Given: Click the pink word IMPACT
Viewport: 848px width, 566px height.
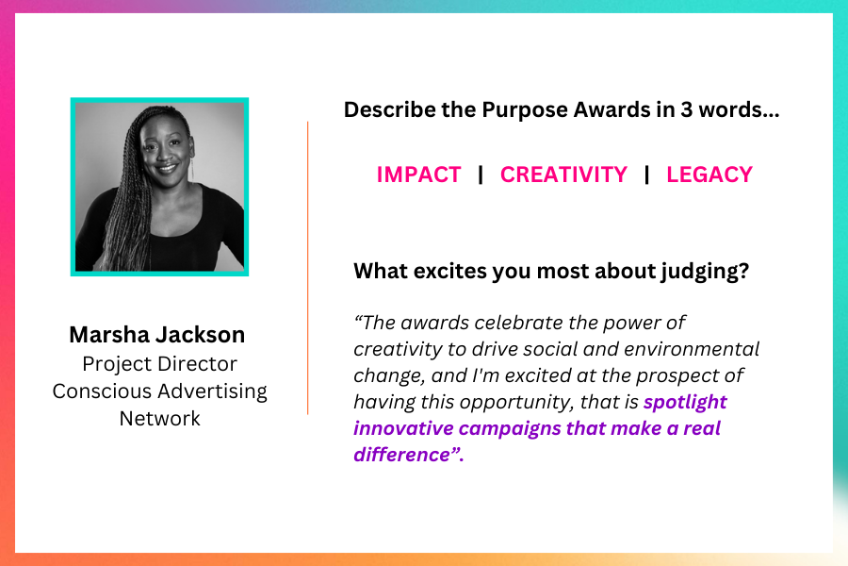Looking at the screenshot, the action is pyautogui.click(x=418, y=175).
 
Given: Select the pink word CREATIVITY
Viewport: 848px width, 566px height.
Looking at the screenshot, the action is pyautogui.click(x=563, y=175).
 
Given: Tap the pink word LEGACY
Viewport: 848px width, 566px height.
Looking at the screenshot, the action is pyautogui.click(x=709, y=175).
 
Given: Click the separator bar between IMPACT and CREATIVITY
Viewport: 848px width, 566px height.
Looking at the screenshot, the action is pyautogui.click(x=481, y=175).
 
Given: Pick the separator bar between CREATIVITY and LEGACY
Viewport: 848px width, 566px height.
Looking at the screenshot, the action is pyautogui.click(x=646, y=175).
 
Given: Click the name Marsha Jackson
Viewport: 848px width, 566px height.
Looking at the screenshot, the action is pyautogui.click(x=156, y=335).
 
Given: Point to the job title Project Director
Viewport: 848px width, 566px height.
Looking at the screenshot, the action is pyautogui.click(x=159, y=364).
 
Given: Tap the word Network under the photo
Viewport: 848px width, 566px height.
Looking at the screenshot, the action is pyautogui.click(x=159, y=418).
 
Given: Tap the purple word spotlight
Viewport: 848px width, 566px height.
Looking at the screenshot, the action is pyautogui.click(x=685, y=403).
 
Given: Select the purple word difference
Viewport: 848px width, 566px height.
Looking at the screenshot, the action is pyautogui.click(x=401, y=455).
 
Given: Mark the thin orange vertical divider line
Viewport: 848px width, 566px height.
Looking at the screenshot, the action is pyautogui.click(x=308, y=268).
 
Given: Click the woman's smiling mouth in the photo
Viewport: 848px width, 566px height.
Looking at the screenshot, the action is pyautogui.click(x=166, y=168).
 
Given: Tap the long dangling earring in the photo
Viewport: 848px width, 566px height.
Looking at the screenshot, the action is pyautogui.click(x=191, y=165).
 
